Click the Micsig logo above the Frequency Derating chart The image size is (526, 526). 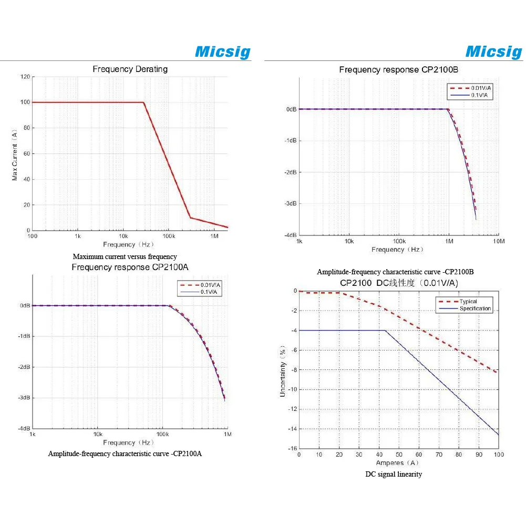click(x=222, y=51)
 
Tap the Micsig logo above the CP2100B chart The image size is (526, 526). click(x=493, y=51)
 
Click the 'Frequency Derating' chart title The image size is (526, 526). click(x=130, y=69)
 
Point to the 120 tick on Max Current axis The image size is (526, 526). click(x=25, y=77)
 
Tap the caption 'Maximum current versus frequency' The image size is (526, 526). click(x=125, y=256)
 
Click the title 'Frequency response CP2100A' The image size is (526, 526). click(x=130, y=267)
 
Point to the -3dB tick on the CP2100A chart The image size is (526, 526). click(x=24, y=398)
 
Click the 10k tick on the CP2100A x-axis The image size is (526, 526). click(x=97, y=435)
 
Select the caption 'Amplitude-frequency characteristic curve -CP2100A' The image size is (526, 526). click(x=125, y=453)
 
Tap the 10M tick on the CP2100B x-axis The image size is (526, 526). click(x=499, y=241)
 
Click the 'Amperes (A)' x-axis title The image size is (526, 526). click(x=397, y=463)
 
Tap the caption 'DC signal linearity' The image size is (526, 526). click(x=394, y=475)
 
